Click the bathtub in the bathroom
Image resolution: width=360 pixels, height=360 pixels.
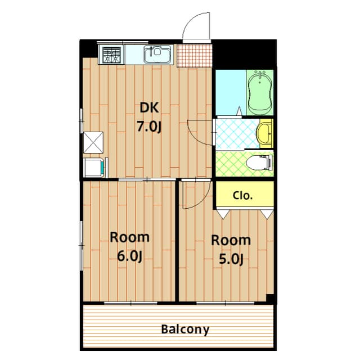[260, 92]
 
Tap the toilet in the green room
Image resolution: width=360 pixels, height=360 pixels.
[259, 163]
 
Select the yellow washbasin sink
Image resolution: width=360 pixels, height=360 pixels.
[264, 133]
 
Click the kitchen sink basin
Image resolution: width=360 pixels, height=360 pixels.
[157, 55]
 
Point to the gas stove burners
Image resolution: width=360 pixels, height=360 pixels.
[111, 55]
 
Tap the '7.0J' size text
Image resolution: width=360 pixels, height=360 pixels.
[148, 127]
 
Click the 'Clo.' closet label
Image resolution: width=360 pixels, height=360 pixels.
[243, 196]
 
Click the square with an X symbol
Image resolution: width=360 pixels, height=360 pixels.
[93, 142]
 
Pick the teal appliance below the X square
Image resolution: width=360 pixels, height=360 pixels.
[94, 167]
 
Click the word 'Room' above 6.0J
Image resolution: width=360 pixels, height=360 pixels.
[129, 237]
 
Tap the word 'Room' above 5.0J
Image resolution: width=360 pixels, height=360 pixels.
[231, 240]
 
